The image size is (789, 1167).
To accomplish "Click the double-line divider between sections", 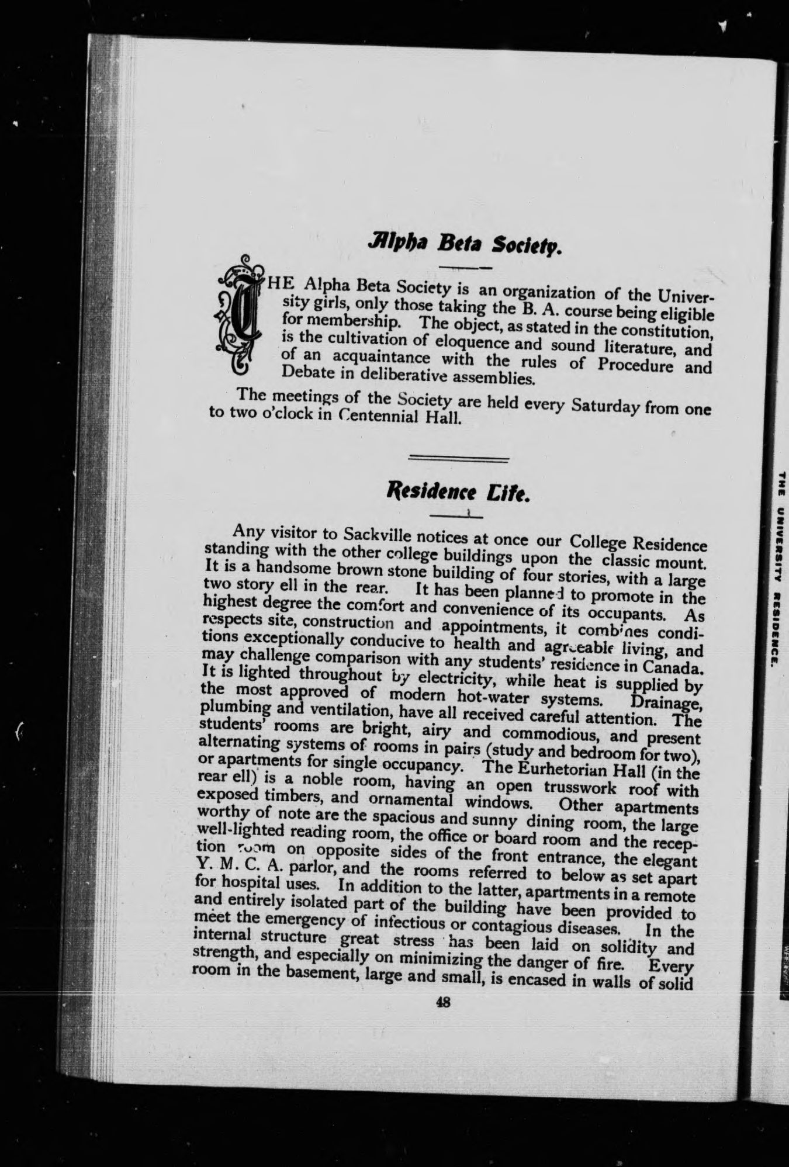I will pos(458,458).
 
